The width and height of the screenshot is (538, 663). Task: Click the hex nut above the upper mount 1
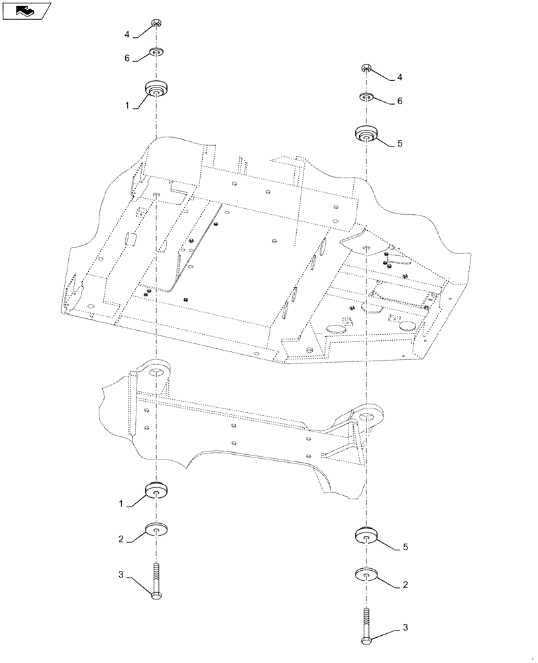156,25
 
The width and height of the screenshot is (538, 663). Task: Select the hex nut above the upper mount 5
366,68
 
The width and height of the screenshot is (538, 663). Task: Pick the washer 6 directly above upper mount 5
366,97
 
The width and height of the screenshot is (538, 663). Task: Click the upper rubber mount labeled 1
156,89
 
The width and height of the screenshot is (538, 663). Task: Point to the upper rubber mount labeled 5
366,134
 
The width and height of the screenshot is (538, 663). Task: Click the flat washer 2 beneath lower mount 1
156,530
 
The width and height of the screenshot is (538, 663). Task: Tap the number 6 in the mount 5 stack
400,101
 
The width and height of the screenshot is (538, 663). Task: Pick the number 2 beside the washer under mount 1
121,540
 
